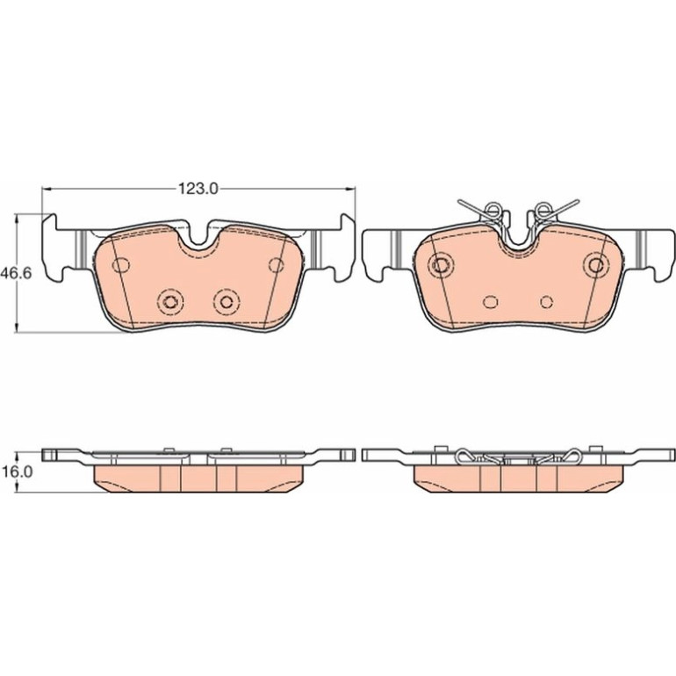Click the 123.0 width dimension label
tap(198, 189)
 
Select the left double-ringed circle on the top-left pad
tap(170, 301)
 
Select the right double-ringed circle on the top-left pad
tap(227, 301)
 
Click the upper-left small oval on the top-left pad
tap(121, 265)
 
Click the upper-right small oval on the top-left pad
tap(277, 265)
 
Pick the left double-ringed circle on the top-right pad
tap(441, 265)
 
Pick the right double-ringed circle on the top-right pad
tap(597, 265)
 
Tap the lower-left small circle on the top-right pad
tap(491, 301)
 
